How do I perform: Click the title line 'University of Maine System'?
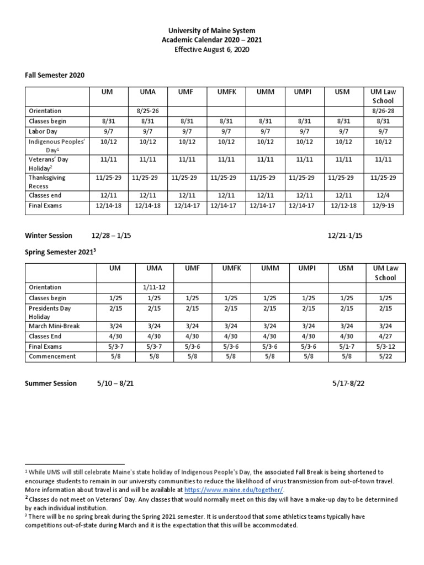(x=212, y=30)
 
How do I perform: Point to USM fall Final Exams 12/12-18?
(x=343, y=206)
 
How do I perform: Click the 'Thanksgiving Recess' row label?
(x=46, y=181)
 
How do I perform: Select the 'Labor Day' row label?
(x=43, y=131)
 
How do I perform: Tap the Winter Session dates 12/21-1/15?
(x=344, y=236)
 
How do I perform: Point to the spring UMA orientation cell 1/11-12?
(x=155, y=287)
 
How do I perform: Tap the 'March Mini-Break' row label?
(x=54, y=326)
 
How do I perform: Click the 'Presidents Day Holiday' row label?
(x=49, y=312)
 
